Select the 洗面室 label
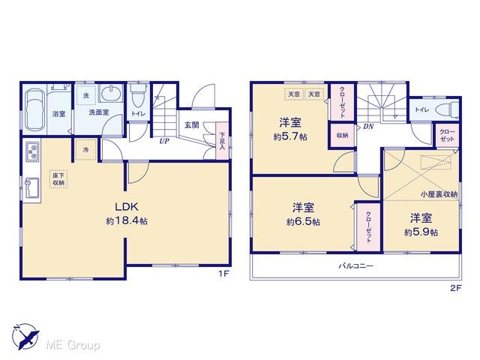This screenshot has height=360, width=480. coord(99,113)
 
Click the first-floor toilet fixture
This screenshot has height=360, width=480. coord(138,97)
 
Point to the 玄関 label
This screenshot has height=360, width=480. coord(190,125)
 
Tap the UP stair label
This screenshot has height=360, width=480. coord(163,139)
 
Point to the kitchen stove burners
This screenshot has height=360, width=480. coord(34,151)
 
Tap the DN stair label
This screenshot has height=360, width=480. coord(367,127)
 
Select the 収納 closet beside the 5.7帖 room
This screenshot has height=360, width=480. coord(342,136)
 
